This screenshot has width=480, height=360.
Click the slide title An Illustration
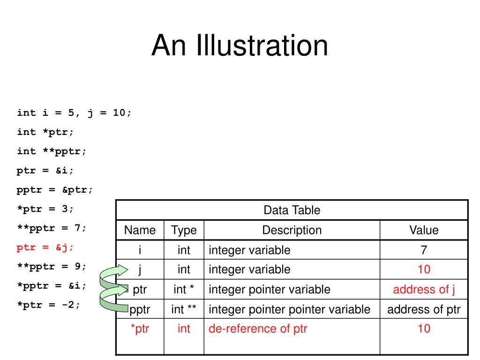240,45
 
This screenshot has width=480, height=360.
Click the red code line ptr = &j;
45,247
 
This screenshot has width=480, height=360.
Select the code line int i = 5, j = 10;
74,113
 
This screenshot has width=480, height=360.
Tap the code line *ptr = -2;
48,305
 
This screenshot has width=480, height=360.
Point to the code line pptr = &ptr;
54,190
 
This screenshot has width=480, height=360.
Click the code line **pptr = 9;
52,266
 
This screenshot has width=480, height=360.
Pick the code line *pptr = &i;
52,285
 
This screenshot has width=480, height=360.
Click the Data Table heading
292,210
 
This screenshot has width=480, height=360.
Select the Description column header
292,230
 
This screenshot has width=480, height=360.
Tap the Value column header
424,230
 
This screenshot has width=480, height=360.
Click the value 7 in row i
424,250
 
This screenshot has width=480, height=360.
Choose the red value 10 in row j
424,270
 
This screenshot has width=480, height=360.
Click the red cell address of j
424,290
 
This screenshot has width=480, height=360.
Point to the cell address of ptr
424,309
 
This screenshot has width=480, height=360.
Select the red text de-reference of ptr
258,329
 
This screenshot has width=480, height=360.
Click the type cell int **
184,309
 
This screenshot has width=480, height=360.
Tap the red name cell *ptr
140,329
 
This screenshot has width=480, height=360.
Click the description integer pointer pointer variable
289,309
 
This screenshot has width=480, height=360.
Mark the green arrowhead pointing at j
122,270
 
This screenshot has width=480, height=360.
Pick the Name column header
140,230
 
